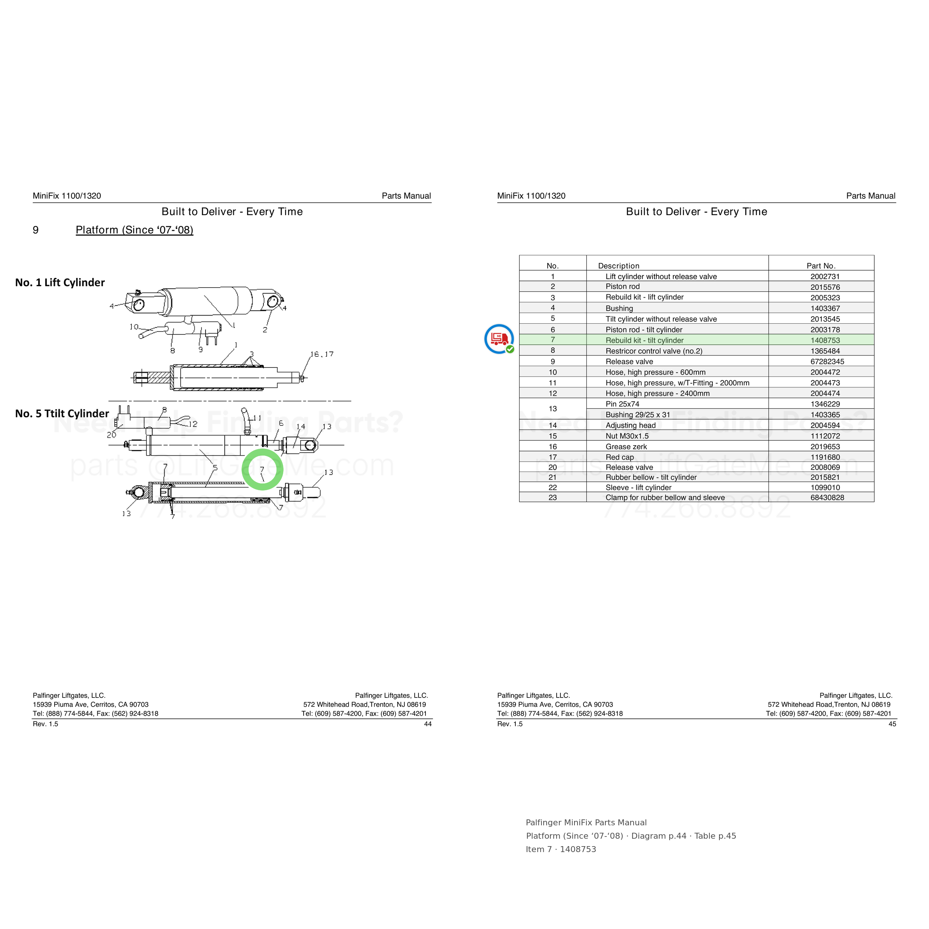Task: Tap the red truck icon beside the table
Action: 499,339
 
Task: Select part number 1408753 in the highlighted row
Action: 825,340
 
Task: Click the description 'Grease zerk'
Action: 626,447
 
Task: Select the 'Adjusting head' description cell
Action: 630,425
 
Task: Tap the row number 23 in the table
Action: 553,498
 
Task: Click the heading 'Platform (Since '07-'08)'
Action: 135,230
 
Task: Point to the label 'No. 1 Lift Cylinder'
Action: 60,282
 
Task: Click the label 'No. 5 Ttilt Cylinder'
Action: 62,414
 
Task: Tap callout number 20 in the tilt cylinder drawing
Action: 111,435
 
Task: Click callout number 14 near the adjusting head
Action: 301,427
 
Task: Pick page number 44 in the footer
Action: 427,724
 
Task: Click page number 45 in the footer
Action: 892,724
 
